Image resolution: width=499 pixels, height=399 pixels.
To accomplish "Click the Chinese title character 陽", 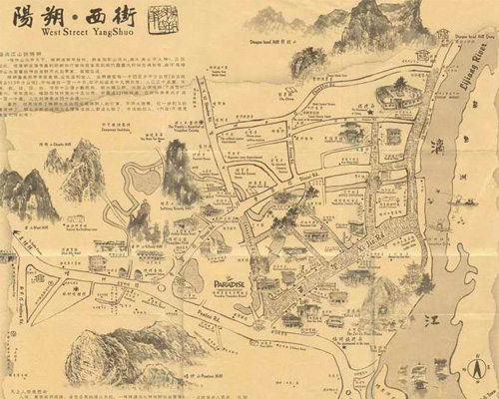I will pos(22,18).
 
